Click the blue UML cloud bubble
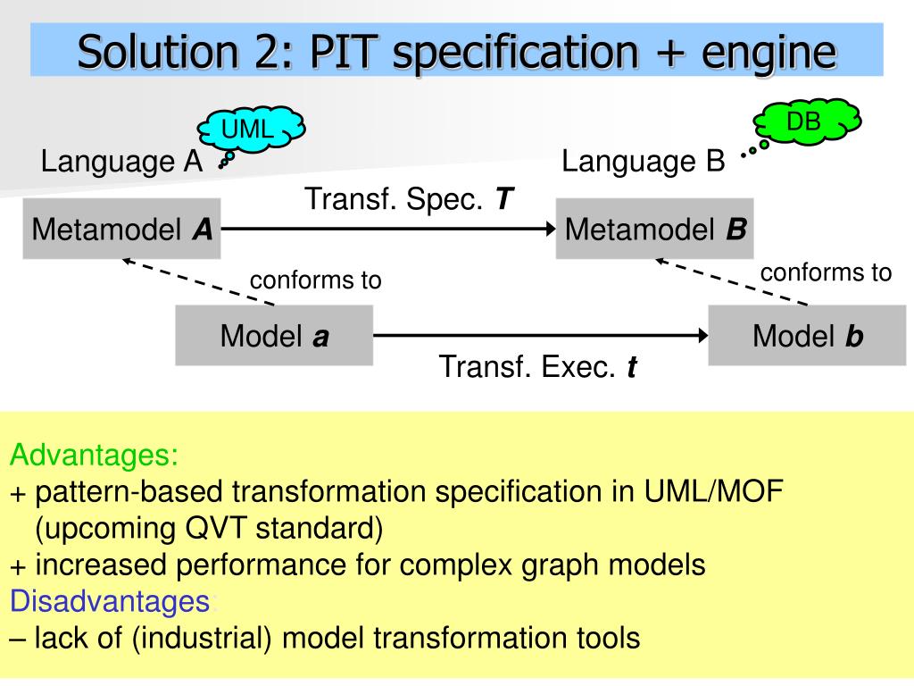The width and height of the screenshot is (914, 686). (x=251, y=130)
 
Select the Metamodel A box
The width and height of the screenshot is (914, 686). (x=121, y=230)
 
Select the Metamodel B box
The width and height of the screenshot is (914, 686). (x=654, y=230)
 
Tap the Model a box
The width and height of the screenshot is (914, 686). (x=274, y=336)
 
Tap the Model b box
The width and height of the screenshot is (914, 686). (x=807, y=336)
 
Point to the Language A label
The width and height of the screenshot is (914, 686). (x=122, y=162)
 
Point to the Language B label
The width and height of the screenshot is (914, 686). (x=643, y=162)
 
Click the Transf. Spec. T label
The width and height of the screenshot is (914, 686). (x=410, y=199)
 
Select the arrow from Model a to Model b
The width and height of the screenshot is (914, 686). (x=540, y=336)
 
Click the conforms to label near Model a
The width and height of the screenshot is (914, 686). (x=315, y=280)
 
